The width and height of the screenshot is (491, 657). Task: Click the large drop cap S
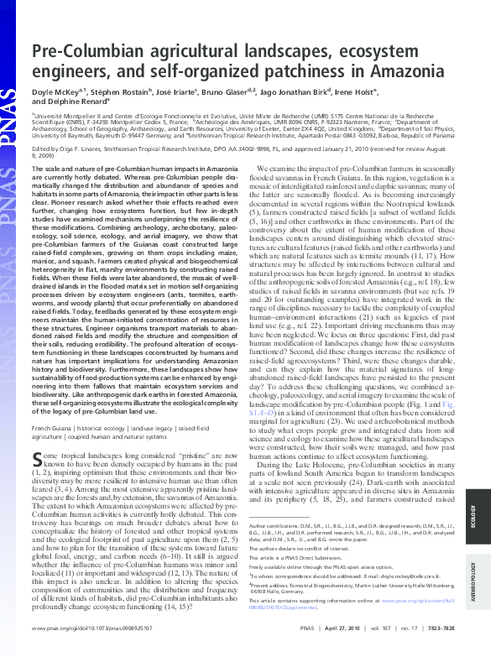pyautogui.click(x=38, y=459)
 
